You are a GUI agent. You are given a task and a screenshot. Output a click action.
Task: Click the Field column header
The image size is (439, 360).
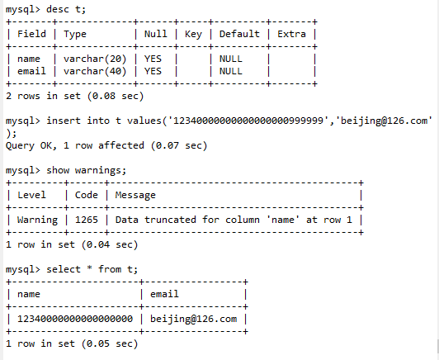click(x=31, y=34)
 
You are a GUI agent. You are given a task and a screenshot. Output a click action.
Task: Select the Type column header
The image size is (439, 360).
click(x=75, y=35)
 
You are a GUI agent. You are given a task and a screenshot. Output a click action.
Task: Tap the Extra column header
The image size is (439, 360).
click(x=291, y=34)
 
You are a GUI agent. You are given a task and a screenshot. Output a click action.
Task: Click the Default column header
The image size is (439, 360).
click(x=239, y=34)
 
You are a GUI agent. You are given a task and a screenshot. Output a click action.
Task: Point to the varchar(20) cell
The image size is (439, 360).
click(x=95, y=59)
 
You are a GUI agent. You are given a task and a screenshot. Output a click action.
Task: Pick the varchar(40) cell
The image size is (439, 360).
click(x=95, y=71)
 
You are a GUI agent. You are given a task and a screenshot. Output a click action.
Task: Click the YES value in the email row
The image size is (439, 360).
click(x=153, y=71)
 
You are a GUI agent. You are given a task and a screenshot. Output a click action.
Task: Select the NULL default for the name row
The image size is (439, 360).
click(x=231, y=59)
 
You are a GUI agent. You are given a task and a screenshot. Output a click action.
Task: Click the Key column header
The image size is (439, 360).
click(x=193, y=35)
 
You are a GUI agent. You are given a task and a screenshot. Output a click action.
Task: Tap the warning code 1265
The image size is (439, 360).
click(x=87, y=220)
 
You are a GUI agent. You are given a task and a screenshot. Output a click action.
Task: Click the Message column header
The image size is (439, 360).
click(x=135, y=195)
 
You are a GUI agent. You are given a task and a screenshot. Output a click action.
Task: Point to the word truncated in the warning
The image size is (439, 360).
click(x=170, y=220)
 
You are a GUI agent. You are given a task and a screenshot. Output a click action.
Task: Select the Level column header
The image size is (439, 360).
click(x=31, y=195)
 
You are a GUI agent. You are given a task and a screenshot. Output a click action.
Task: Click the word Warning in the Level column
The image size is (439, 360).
click(x=37, y=220)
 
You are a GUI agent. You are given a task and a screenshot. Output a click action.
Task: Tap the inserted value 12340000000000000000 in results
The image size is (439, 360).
click(x=75, y=319)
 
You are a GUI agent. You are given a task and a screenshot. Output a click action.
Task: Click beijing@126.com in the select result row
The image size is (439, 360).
click(x=193, y=319)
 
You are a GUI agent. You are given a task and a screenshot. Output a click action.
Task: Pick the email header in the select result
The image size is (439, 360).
click(x=164, y=294)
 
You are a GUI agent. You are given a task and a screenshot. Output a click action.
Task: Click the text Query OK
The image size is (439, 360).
click(x=31, y=146)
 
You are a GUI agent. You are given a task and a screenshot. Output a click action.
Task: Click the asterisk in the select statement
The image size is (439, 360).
click(x=90, y=268)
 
